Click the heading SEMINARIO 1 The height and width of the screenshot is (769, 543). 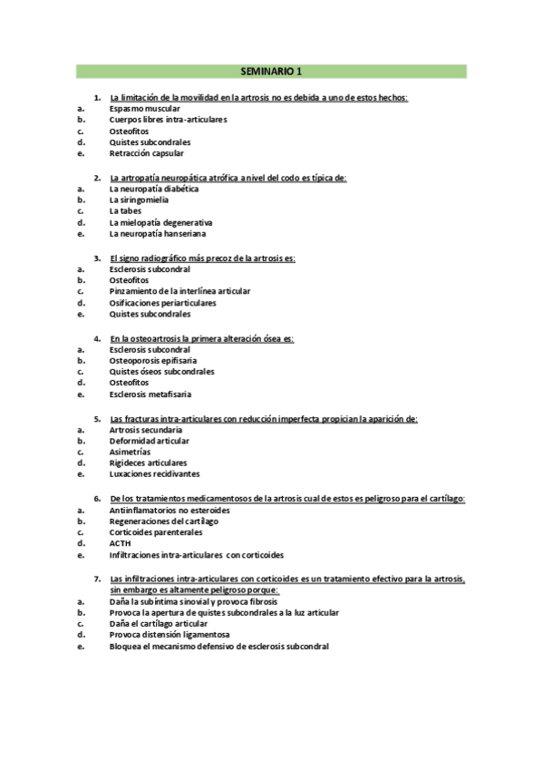point(271,71)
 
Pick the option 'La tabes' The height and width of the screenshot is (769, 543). point(125,211)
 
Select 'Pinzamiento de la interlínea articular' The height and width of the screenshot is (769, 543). point(179,291)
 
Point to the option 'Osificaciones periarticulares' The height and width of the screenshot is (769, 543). point(162,303)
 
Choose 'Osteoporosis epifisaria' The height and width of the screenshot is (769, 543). point(152,360)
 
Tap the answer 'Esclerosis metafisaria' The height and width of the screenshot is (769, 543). point(150,394)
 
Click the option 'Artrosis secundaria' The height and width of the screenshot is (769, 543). point(145,429)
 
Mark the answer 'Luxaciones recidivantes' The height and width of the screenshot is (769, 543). point(154,474)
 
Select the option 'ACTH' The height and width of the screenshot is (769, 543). point(120,543)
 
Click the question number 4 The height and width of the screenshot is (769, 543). point(98,337)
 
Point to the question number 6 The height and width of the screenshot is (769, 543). point(98,498)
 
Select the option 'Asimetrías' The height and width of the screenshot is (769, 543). point(130,452)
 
